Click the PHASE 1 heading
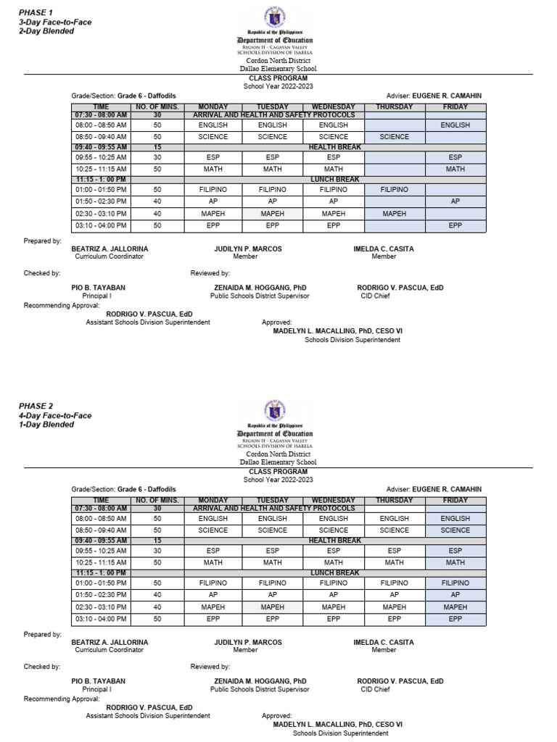pyautogui.click(x=37, y=13)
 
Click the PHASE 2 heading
pyautogui.click(x=37, y=406)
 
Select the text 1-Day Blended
pyautogui.click(x=46, y=425)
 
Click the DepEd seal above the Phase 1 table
pyautogui.click(x=278, y=17)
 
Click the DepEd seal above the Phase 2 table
pyautogui.click(x=278, y=410)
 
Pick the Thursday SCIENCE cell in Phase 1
pyautogui.click(x=394, y=137)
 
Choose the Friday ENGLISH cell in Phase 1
pyautogui.click(x=455, y=125)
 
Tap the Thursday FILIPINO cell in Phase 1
pyautogui.click(x=394, y=189)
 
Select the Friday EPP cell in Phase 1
pyautogui.click(x=455, y=226)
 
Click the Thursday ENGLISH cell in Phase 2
pyautogui.click(x=394, y=519)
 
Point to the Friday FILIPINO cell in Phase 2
pyautogui.click(x=455, y=583)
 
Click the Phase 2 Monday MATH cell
pyautogui.click(x=213, y=562)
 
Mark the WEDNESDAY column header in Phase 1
pyautogui.click(x=333, y=107)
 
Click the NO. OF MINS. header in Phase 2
pyautogui.click(x=157, y=501)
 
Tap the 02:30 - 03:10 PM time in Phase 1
pyautogui.click(x=101, y=214)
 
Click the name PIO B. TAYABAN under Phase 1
pyautogui.click(x=98, y=288)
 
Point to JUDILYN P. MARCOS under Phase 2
pyautogui.click(x=247, y=642)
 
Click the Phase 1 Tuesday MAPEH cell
pyautogui.click(x=272, y=214)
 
